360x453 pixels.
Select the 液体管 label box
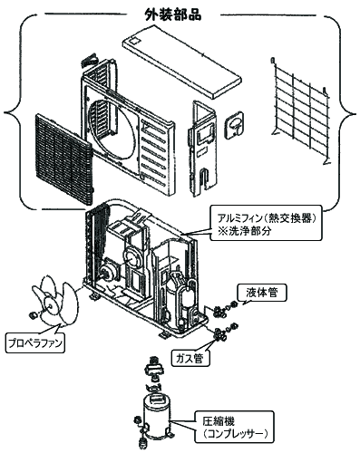click(261, 292)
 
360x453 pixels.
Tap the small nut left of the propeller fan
click(34, 314)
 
